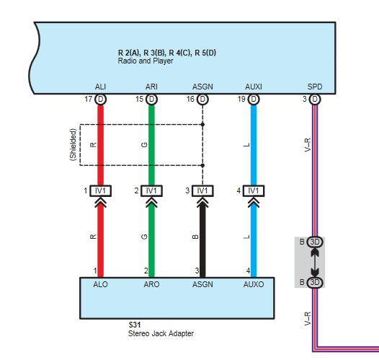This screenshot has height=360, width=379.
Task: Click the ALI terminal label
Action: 100,87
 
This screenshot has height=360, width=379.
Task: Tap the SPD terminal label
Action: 314,87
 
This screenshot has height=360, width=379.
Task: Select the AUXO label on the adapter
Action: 254,284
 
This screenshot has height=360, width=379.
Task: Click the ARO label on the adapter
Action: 151,284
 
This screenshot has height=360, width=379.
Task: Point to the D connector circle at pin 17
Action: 100,99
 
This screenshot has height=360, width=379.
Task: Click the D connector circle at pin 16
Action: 202,99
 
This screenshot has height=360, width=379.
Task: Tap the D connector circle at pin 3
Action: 314,99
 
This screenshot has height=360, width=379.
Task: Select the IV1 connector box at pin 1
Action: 100,191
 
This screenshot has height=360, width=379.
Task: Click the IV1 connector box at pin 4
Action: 254,191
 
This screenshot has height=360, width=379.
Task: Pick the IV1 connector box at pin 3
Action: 202,191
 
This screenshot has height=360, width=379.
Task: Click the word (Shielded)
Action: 73,145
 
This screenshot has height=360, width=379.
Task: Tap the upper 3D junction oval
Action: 314,242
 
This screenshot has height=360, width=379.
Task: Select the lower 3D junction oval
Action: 314,282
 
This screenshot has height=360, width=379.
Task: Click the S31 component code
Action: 135,325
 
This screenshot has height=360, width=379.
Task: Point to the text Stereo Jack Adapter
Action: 161,333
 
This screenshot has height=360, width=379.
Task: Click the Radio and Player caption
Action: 146,61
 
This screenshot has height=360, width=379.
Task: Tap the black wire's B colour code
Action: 195,237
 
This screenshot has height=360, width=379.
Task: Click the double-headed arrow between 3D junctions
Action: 314,262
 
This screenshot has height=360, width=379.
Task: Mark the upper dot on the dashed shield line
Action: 202,124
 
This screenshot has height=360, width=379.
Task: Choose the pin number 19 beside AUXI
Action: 241,99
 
